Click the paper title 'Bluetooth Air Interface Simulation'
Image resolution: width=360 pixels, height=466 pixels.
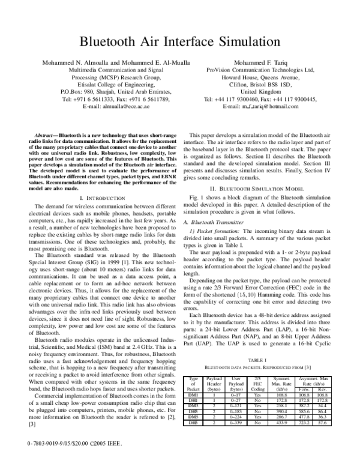180,41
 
